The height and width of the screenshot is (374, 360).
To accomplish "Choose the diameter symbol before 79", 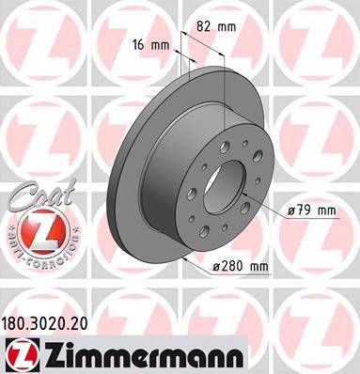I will (292, 210).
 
